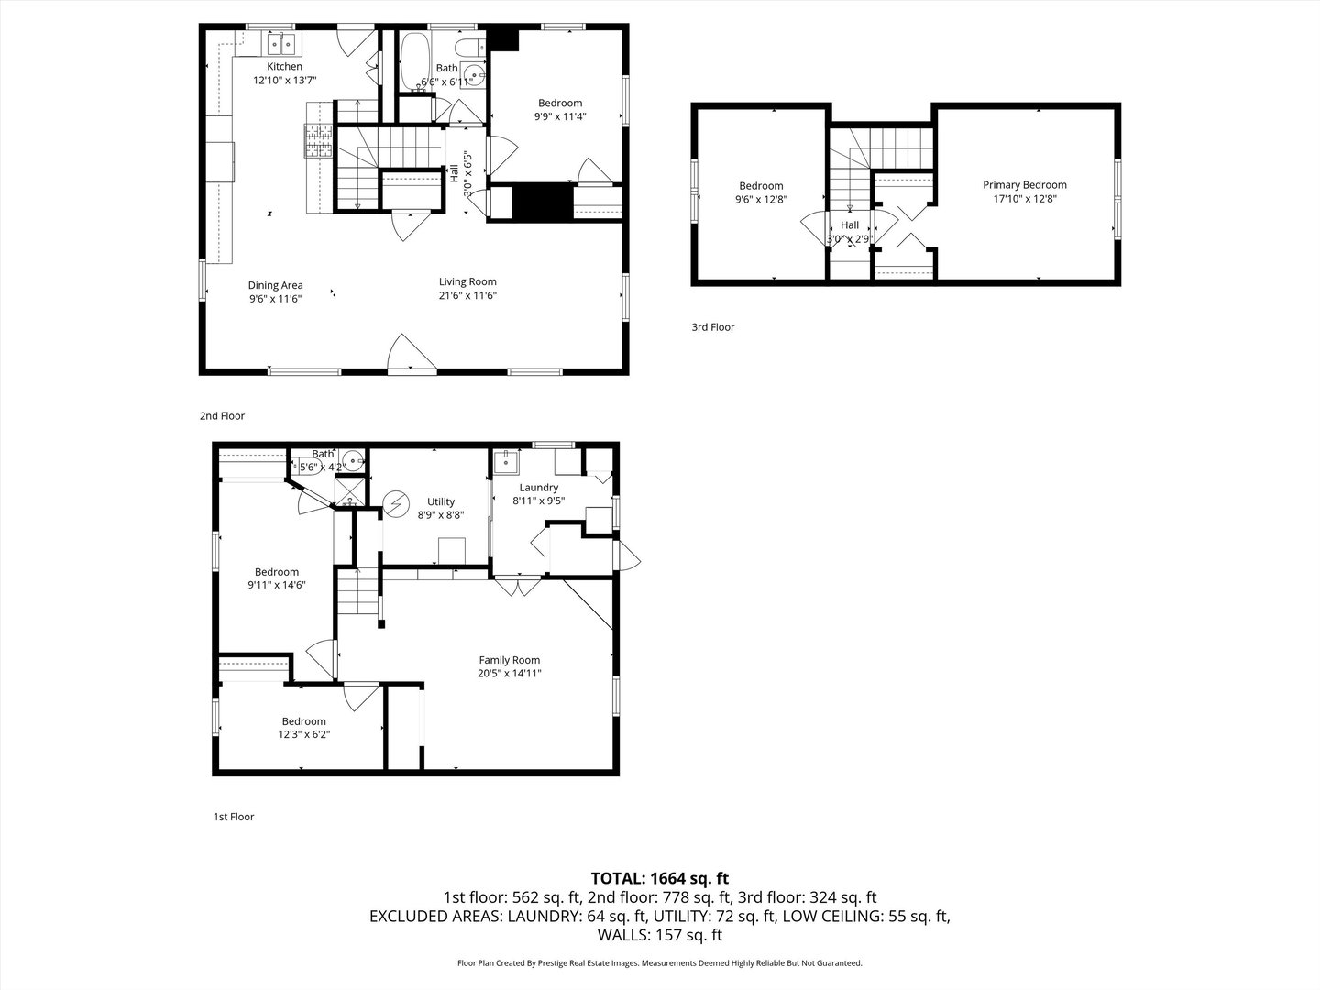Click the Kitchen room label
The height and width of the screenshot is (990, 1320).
point(284,67)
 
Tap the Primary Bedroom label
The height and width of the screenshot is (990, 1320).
point(1025,185)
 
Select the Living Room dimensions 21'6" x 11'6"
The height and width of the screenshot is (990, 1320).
point(467,295)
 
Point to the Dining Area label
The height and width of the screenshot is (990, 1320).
point(275,285)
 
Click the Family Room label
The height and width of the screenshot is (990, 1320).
point(510,660)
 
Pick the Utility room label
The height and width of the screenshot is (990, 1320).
point(441,501)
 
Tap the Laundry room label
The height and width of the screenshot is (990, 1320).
point(538,488)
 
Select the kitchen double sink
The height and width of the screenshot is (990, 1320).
point(281,42)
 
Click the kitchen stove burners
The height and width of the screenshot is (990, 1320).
point(318,142)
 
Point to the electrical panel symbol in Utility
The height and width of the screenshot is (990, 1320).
point(398,504)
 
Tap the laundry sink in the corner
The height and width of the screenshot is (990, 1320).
point(504,461)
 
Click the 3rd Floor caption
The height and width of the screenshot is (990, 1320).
point(713,327)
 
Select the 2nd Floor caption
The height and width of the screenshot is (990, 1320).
point(223,416)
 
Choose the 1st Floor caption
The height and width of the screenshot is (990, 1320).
point(234,817)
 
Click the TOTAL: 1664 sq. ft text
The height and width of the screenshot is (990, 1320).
point(660,878)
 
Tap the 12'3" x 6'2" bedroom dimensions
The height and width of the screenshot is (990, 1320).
point(303,734)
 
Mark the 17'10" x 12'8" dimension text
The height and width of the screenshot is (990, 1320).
point(1025,198)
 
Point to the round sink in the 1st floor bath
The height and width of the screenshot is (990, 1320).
point(353,460)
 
